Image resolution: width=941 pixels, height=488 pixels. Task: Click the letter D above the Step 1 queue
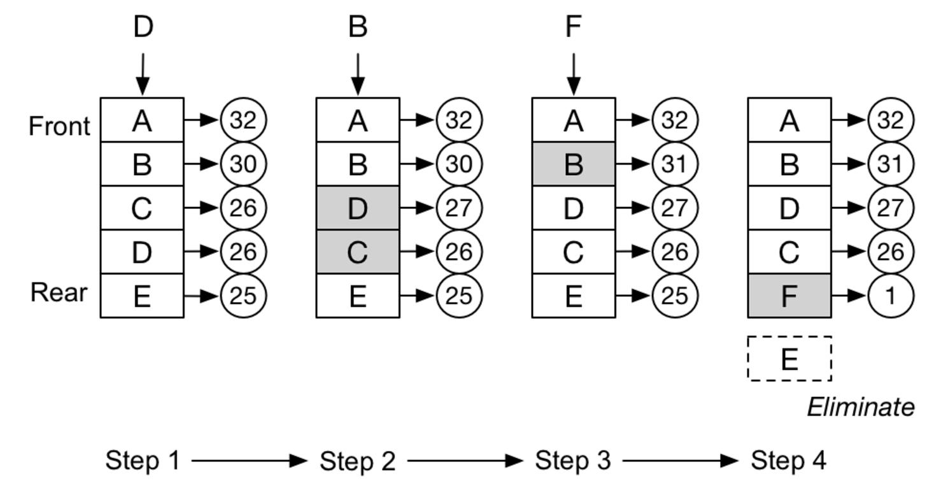coord(143,27)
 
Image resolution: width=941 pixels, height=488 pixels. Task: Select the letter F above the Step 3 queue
coord(574,27)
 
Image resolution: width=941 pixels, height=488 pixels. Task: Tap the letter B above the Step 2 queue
coord(358,27)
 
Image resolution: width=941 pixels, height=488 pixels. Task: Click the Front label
coord(59,126)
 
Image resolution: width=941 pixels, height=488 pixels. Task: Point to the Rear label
coord(59,292)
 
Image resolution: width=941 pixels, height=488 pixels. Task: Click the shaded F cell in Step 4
coord(789,296)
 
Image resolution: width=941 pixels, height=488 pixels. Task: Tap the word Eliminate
coord(861,407)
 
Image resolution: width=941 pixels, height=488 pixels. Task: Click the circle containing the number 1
coord(891,296)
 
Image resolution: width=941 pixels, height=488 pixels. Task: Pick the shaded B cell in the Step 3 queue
coord(574,164)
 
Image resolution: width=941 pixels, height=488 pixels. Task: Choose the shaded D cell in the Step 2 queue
coord(358,208)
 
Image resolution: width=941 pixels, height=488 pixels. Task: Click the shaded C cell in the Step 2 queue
coord(358,252)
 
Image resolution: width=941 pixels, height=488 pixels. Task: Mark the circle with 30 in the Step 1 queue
coord(243,164)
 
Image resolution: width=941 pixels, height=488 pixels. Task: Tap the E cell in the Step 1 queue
coord(142,296)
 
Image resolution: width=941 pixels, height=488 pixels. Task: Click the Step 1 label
coord(143,460)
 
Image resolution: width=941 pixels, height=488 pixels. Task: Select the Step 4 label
coord(788,460)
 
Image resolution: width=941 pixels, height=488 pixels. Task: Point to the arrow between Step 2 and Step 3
coord(465,461)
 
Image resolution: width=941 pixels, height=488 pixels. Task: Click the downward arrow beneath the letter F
coord(574,74)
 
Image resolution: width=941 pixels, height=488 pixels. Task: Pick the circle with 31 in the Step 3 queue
coord(675,164)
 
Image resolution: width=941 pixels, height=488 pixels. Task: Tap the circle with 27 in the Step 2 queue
coord(459,208)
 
